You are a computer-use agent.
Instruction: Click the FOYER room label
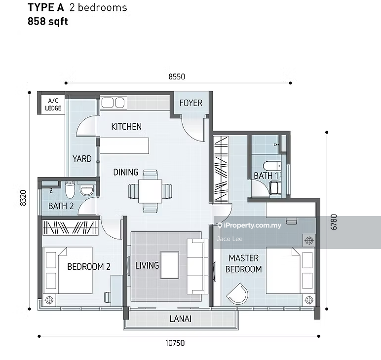pyautogui.click(x=190, y=103)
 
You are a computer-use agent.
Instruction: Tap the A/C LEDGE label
pyautogui.click(x=53, y=105)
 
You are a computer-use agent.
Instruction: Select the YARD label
pyautogui.click(x=82, y=159)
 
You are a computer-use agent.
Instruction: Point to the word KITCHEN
pyautogui.click(x=126, y=126)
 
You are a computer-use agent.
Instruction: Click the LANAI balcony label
pyautogui.click(x=181, y=319)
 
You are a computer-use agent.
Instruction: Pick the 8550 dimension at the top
pyautogui.click(x=177, y=77)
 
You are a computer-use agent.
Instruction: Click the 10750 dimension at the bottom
pyautogui.click(x=175, y=343)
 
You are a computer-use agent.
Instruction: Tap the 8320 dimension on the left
pyautogui.click(x=23, y=198)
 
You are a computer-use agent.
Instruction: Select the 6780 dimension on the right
pyautogui.click(x=334, y=222)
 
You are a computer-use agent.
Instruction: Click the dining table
pyautogui.click(x=150, y=191)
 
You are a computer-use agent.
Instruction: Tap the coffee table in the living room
pyautogui.click(x=170, y=265)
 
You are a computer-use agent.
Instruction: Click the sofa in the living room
pyautogui.click(x=197, y=266)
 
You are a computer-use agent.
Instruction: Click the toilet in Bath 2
pyautogui.click(x=70, y=189)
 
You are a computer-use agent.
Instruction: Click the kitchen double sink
pyautogui.click(x=113, y=103)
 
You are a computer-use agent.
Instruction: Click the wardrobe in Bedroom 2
pyautogui.click(x=70, y=227)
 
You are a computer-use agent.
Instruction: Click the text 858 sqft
pyautogui.click(x=48, y=21)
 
